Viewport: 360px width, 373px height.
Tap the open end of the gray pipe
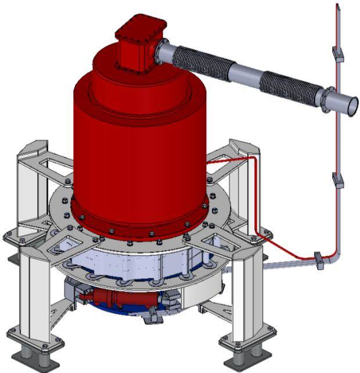pyautogui.click(x=352, y=106)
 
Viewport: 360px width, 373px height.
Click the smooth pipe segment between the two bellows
pyautogui.click(x=244, y=75)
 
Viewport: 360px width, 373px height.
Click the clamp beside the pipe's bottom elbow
pyautogui.click(x=319, y=260)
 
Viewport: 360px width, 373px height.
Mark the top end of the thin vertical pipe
pyautogui.click(x=337, y=6)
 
